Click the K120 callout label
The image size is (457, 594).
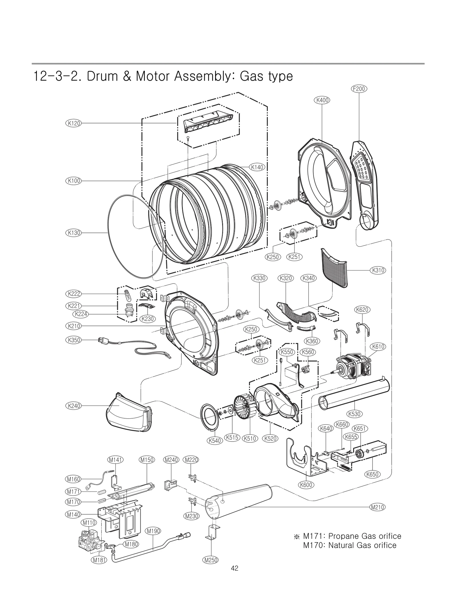click(x=74, y=123)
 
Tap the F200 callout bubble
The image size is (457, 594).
click(x=359, y=89)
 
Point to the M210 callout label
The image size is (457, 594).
click(x=377, y=507)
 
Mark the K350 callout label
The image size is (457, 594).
click(x=74, y=340)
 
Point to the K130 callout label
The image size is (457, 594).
click(x=74, y=233)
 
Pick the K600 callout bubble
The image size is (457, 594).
click(x=306, y=485)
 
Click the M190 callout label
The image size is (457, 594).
click(x=153, y=531)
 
